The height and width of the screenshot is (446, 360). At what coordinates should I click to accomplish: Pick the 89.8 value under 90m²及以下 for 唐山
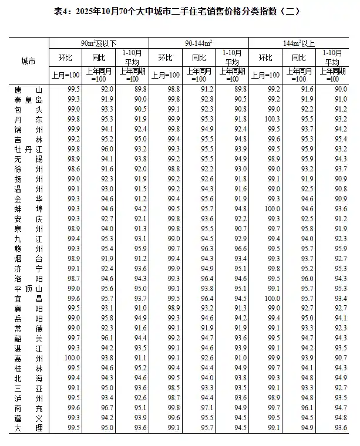(139, 89)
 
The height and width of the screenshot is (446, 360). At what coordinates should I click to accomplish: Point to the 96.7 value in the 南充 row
(107, 408)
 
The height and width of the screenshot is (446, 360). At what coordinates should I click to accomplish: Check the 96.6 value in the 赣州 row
(240, 249)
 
